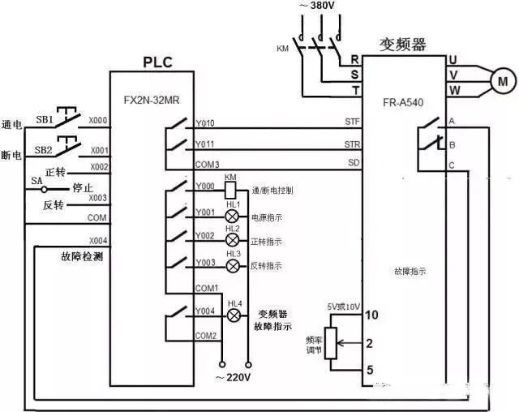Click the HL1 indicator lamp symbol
233,217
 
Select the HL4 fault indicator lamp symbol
234,314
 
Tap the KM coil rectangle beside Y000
230,188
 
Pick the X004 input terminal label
97,241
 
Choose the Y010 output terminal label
205,124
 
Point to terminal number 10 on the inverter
371,315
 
